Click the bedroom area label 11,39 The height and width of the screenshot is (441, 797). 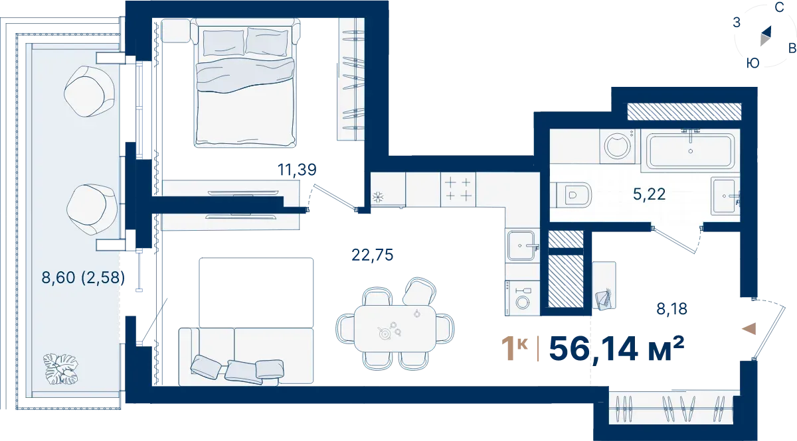tap(297, 170)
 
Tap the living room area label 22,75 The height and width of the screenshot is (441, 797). tap(372, 255)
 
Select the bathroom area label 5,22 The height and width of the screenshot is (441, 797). tap(649, 194)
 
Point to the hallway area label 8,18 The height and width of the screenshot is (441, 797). tap(671, 309)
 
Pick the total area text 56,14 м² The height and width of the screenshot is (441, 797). tap(616, 349)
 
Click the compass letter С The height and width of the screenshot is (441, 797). tap(779, 7)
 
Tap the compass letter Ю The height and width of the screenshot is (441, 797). tap(753, 63)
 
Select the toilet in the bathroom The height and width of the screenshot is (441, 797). tap(573, 195)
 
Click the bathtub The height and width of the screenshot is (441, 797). tap(690, 151)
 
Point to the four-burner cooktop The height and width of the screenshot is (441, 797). tap(458, 190)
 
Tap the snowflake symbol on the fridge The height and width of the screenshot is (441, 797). tap(377, 197)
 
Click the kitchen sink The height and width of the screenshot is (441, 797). tap(521, 245)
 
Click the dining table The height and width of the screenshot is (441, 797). tap(395, 329)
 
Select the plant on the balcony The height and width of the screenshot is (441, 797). tap(61, 369)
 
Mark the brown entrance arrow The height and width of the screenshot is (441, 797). tap(749, 329)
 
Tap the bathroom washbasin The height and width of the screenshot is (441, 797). tap(725, 196)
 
